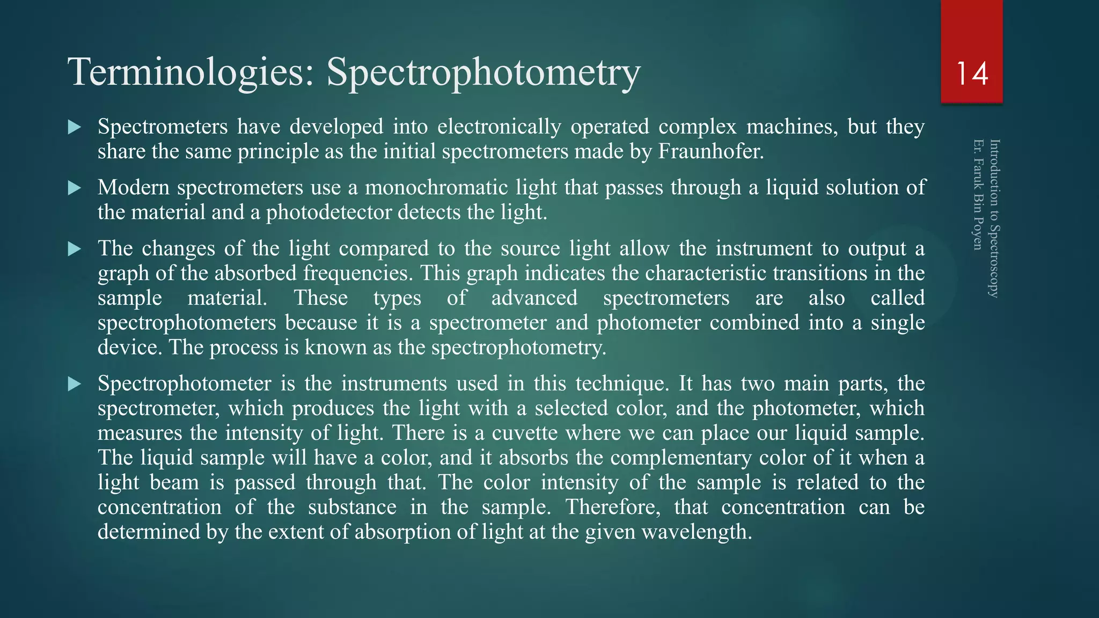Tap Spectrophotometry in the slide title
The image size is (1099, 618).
coord(483,72)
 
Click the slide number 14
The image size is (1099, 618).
coord(972,73)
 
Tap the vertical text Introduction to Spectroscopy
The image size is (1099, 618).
coord(994,218)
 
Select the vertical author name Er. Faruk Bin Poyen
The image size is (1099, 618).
coord(978,195)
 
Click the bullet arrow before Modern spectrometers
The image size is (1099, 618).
coord(75,188)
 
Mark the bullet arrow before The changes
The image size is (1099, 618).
coord(75,249)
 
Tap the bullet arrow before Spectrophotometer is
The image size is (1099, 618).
coord(75,384)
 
